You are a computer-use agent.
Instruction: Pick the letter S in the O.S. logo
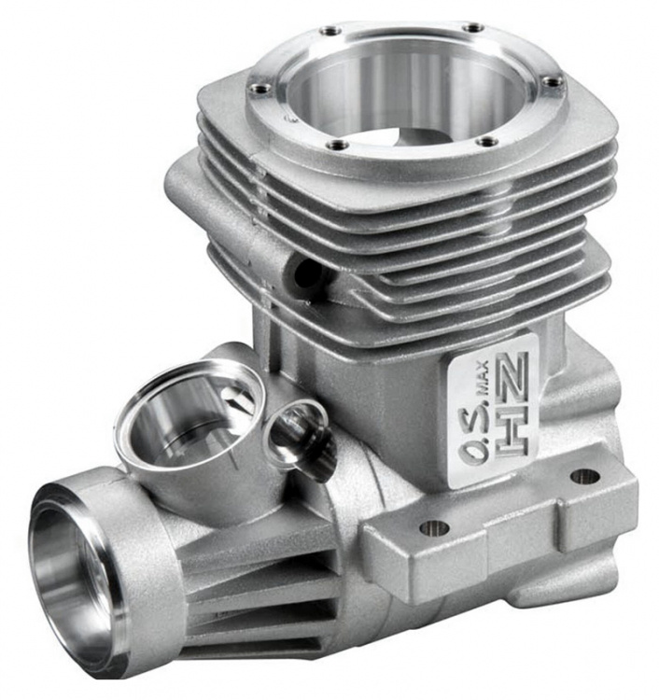474,415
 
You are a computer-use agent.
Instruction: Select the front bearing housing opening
72,576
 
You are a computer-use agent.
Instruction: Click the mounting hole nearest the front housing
434,527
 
